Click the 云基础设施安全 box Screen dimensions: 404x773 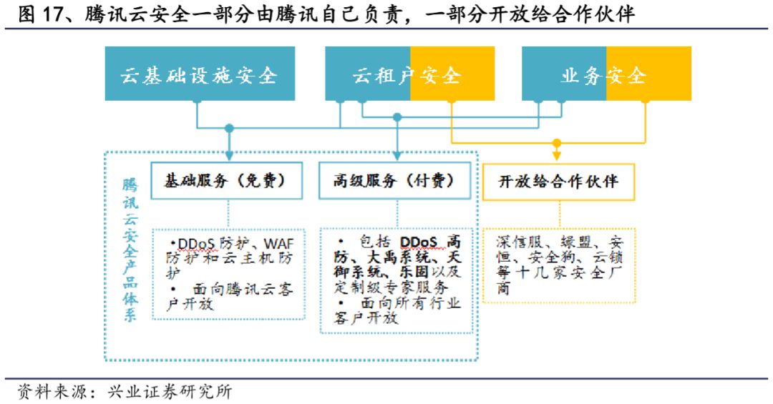pos(200,74)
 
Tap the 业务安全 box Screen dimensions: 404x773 pos(606,74)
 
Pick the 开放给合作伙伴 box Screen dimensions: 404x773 pos(558,181)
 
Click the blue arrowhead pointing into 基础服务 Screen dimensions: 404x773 pos(229,154)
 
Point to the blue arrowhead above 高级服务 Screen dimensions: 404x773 pos(397,154)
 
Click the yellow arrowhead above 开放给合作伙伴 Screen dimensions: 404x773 pos(557,155)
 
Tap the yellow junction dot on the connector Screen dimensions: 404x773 pos(557,143)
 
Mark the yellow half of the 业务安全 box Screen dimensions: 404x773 pos(648,74)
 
